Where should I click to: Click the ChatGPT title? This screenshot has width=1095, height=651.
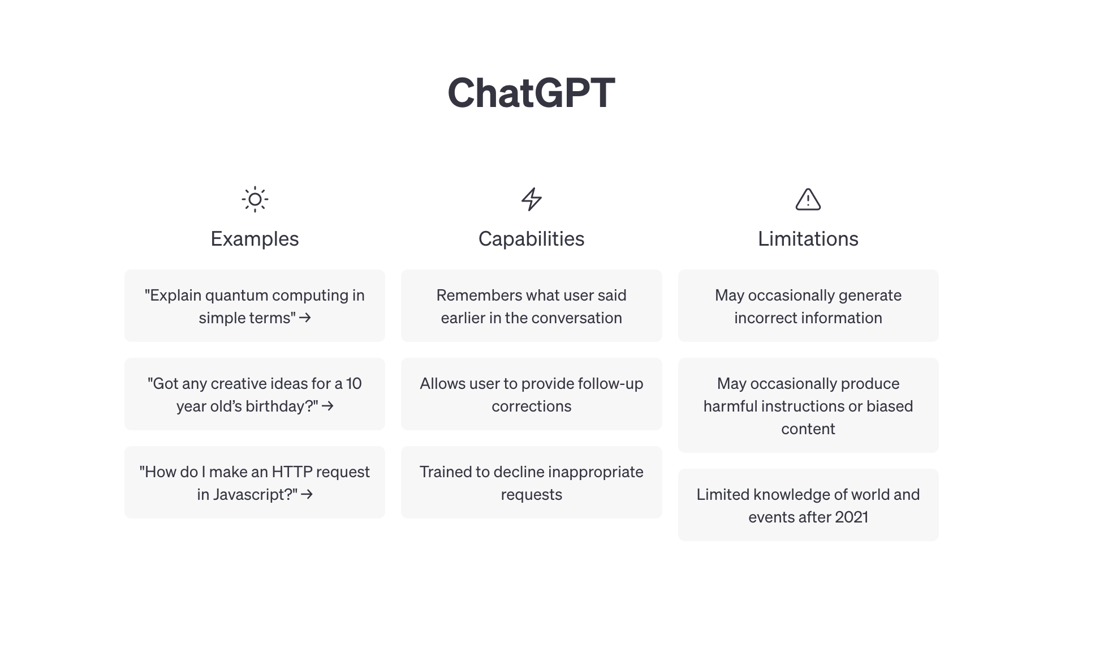531,93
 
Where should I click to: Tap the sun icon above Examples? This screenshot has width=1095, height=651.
255,199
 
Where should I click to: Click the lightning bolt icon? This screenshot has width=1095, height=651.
531,199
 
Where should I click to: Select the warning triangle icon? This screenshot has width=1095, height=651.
808,199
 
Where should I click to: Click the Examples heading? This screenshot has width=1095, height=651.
255,239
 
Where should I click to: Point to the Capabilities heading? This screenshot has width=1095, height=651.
531,239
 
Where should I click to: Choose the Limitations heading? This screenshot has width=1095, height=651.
808,239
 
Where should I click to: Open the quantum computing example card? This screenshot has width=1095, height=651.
255,306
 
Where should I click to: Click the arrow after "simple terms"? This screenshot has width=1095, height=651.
305,318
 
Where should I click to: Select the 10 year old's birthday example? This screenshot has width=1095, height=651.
255,394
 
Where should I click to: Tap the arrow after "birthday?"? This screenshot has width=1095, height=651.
327,406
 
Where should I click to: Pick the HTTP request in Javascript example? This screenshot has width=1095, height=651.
255,482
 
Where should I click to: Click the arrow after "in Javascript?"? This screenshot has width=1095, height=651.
307,494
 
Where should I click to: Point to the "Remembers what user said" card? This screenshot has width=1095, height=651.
531,306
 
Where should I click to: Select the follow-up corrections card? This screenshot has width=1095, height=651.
531,394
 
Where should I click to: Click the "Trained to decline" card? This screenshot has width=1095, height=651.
531,482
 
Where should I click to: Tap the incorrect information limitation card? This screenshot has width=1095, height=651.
808,306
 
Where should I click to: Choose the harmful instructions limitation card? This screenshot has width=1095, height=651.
808,405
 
